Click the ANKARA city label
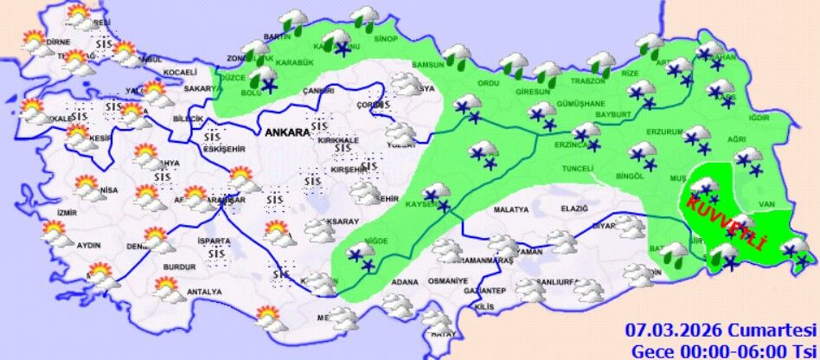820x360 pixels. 288,132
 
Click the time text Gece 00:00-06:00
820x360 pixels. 702,350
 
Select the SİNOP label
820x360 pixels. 386,39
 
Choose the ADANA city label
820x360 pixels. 405,282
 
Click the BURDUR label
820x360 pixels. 180,267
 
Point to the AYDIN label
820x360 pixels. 89,246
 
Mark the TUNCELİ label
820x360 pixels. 577,169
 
